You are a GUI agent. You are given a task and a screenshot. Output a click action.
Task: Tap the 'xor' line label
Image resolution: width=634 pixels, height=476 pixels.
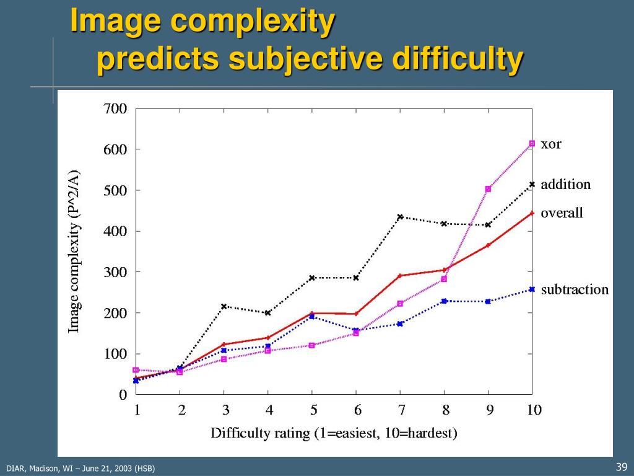coord(551,144)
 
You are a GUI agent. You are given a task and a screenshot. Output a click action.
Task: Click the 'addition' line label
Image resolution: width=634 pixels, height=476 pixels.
coord(565,185)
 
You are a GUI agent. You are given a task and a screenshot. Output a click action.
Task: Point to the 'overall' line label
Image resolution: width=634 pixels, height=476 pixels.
coord(562,213)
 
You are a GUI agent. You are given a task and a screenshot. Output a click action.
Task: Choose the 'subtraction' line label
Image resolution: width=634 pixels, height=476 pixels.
coord(575,290)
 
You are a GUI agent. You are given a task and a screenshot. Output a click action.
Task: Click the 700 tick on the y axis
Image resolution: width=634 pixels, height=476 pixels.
coord(115,109)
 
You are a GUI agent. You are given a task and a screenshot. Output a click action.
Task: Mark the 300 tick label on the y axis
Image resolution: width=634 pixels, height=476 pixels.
coord(115,272)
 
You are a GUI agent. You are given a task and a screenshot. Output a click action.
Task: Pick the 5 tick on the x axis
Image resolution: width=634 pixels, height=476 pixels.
coord(314,410)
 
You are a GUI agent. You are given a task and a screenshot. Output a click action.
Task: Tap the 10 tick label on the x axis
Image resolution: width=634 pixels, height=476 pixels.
coord(534,410)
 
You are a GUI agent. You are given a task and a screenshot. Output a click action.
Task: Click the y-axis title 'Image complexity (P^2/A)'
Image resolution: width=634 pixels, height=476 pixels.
coord(74,251)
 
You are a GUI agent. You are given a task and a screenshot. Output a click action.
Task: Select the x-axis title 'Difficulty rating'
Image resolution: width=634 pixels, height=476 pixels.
coord(260,433)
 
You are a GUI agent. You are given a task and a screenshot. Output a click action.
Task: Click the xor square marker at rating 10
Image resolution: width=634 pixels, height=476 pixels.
coord(532,143)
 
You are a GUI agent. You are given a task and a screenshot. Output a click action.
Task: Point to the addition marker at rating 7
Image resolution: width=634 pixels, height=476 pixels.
coord(400,217)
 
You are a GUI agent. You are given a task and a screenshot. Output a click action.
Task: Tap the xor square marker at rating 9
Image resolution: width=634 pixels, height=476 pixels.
coord(488,189)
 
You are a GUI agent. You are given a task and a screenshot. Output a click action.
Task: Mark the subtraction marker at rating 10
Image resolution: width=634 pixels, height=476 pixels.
coord(532,289)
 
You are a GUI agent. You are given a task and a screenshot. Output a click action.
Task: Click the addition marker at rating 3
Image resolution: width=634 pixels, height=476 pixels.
coord(224,306)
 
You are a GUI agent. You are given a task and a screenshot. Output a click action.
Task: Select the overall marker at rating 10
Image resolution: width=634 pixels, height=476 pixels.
coord(532,213)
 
